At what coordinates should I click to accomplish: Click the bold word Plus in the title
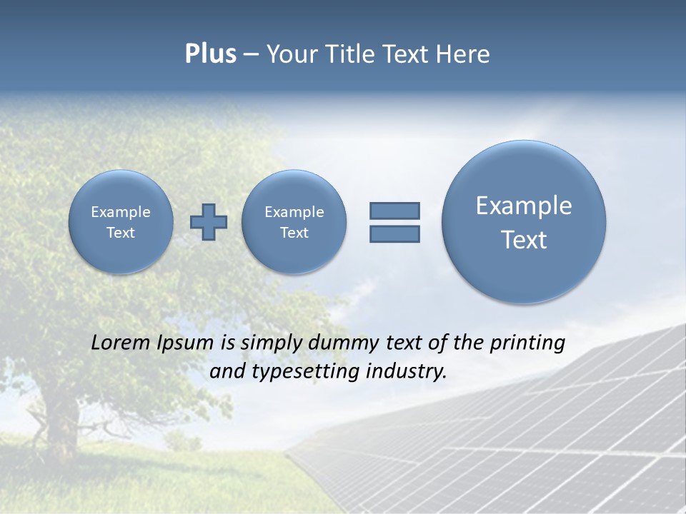[x=210, y=54]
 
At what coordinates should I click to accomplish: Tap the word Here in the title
[x=463, y=54]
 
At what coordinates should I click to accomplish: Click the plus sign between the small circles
[x=209, y=222]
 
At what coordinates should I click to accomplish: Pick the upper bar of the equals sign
[x=394, y=211]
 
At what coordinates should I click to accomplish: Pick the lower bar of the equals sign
[x=394, y=233]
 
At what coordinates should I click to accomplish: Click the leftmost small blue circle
[x=121, y=222]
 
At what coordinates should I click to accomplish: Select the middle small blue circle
[x=294, y=222]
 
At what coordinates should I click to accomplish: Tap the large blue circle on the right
[x=524, y=222]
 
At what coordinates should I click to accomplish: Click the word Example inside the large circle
[x=524, y=206]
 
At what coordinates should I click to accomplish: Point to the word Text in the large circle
[x=524, y=240]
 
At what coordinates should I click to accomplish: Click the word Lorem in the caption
[x=121, y=343]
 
